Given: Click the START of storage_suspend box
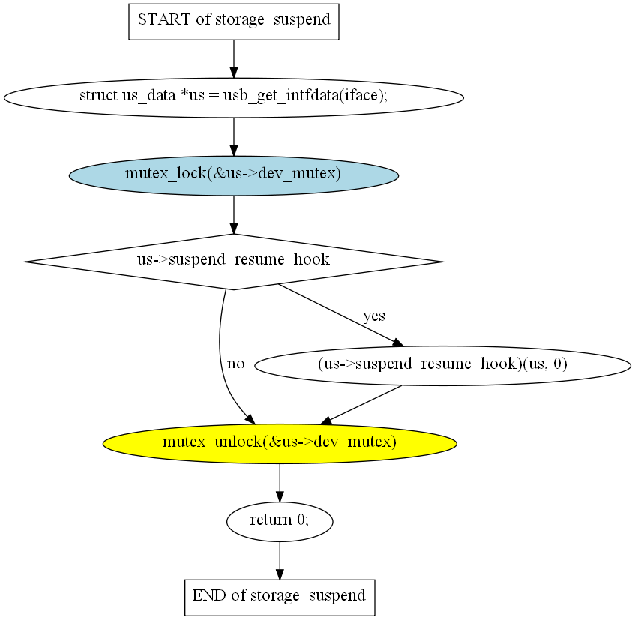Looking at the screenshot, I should pos(234,20).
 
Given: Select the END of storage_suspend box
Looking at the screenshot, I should pos(279,597).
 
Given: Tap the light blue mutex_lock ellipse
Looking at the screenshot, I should pos(233,175).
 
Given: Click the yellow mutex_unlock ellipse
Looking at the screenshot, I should pos(279,442).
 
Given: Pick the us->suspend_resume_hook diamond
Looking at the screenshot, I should pos(233,261).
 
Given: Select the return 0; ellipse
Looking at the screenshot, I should pos(279,520).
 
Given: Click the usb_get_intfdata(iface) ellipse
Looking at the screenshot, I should pos(233,97).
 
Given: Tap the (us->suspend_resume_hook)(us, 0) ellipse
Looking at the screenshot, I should pos(442,366).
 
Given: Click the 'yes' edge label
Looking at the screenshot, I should pos(373,316).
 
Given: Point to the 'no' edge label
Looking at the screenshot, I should pos(235,364).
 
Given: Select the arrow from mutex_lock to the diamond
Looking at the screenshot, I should pos(234,214).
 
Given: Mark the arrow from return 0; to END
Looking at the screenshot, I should pos(280,559).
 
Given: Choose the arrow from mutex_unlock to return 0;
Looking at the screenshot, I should pos(280,481).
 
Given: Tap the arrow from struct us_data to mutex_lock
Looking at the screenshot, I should pos(234,136).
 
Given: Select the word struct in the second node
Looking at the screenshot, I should pos(98,97).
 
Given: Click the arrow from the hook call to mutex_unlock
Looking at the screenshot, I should pos(361,405).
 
